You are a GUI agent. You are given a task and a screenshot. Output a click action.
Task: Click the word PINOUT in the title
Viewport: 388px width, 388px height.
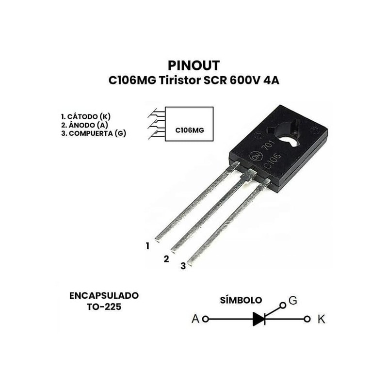click(194, 65)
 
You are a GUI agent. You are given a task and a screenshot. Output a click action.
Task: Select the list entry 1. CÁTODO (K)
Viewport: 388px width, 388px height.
click(86, 117)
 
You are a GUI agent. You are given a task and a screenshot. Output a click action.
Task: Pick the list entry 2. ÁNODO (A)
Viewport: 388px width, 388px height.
click(83, 125)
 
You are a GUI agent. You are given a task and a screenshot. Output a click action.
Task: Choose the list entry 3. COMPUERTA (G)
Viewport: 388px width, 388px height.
click(94, 133)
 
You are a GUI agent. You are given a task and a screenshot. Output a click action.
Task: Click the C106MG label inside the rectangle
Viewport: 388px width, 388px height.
click(189, 130)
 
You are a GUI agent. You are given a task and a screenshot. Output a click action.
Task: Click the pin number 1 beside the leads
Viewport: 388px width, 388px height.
click(147, 246)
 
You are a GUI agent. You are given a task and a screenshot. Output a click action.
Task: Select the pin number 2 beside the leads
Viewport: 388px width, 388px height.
click(166, 259)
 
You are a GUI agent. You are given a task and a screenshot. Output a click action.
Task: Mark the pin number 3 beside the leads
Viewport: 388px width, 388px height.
click(183, 266)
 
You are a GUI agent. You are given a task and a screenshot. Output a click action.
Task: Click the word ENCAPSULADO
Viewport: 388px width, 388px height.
click(104, 295)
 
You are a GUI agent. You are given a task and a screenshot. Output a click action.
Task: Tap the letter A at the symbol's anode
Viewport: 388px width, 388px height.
click(195, 319)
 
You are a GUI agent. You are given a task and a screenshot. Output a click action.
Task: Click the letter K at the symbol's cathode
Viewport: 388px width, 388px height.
click(321, 319)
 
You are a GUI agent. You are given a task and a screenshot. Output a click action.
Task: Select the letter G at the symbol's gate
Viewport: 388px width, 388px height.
click(292, 301)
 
